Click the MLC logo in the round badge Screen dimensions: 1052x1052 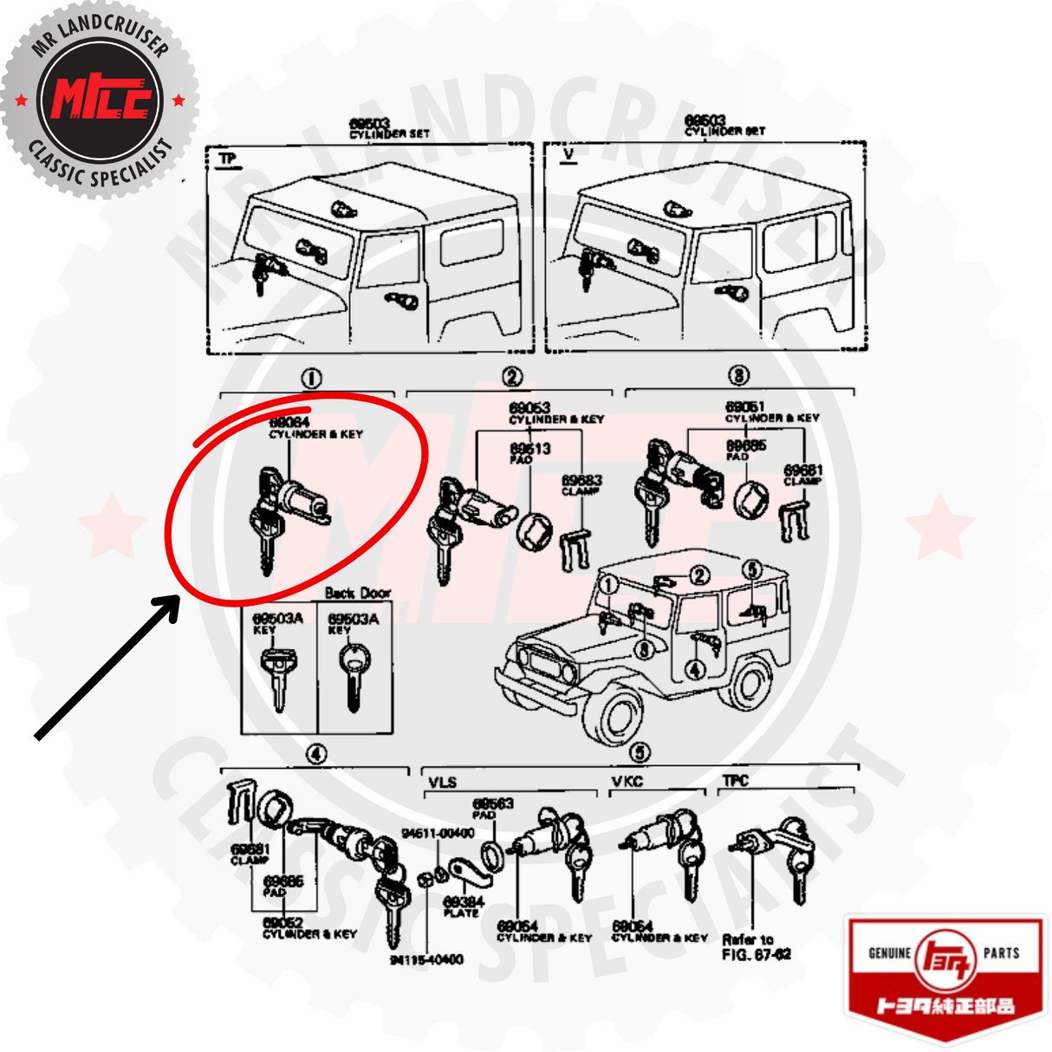[x=101, y=98]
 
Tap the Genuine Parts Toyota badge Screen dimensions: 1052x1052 [x=945, y=967]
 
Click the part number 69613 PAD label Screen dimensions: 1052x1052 [x=529, y=452]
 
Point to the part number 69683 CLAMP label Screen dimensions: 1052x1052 [x=581, y=484]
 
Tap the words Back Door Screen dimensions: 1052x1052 [x=357, y=593]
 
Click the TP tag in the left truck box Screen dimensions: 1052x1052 [x=227, y=159]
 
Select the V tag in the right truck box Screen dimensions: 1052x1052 [x=568, y=155]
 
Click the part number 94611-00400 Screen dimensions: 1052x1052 [x=438, y=833]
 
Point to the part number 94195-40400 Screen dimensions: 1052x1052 [x=426, y=959]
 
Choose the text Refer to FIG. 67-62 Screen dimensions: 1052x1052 [x=756, y=946]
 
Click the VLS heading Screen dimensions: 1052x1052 [x=442, y=782]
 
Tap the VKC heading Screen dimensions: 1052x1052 [x=627, y=781]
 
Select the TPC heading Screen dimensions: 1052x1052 [x=736, y=780]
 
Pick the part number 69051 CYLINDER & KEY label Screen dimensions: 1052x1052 [x=771, y=412]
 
